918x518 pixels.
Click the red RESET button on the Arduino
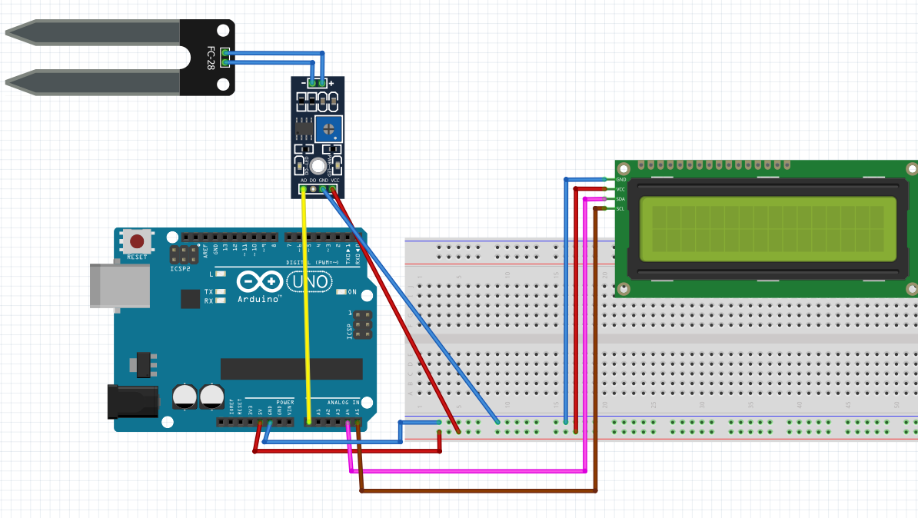tap(137, 241)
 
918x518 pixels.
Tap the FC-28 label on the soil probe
tap(210, 58)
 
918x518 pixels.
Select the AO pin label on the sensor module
tap(304, 180)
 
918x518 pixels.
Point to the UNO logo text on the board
tap(309, 282)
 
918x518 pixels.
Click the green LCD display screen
tap(767, 229)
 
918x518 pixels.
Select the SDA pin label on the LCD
tap(620, 199)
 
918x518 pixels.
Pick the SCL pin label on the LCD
tap(620, 208)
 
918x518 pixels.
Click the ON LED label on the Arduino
tap(352, 292)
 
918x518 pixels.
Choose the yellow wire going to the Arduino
tap(306, 307)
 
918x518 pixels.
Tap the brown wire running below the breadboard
tap(477, 490)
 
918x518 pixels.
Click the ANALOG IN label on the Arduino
tap(343, 402)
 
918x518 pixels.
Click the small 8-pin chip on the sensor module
tap(304, 129)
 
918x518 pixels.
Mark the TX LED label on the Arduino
tap(208, 292)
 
